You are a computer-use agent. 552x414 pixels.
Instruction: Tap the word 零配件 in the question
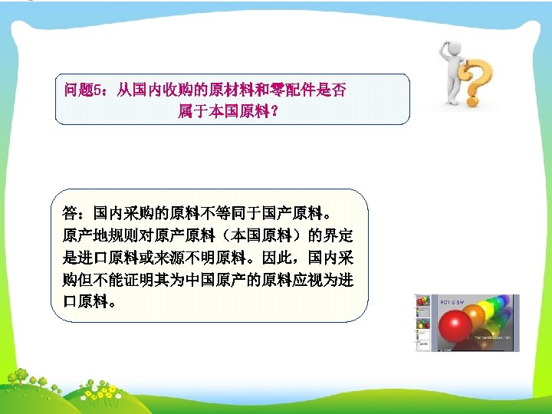(x=261, y=90)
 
